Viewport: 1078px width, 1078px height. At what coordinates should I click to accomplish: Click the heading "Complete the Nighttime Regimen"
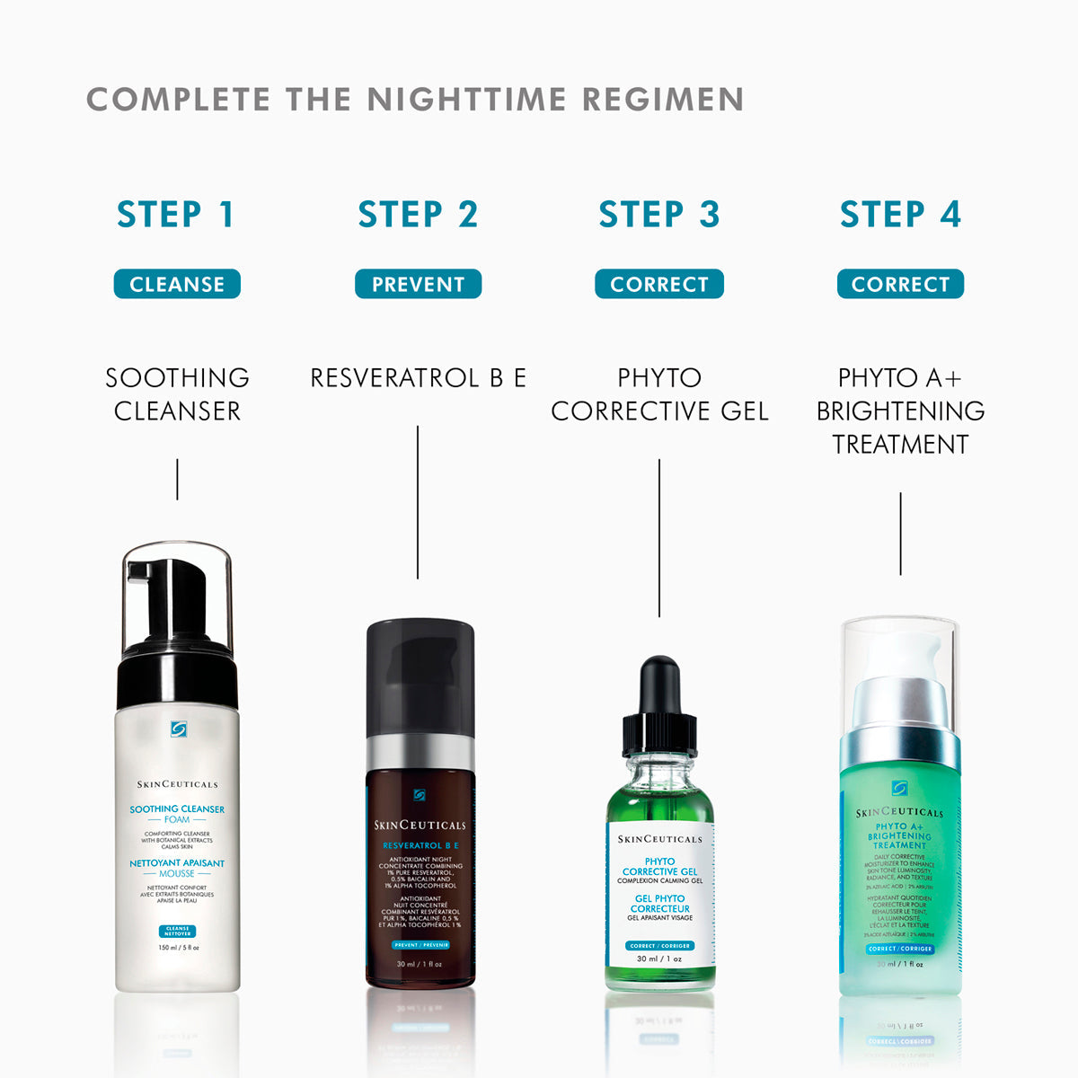click(415, 99)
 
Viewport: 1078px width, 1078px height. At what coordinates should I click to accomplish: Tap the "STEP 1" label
click(176, 215)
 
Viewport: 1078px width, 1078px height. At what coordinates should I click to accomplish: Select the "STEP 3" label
click(658, 215)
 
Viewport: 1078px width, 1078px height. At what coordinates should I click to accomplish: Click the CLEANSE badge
click(177, 284)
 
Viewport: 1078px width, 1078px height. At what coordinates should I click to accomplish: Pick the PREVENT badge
click(418, 284)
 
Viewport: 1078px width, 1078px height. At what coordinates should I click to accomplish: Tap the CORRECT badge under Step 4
click(900, 284)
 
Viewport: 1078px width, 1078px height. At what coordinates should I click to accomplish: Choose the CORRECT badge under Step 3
click(658, 284)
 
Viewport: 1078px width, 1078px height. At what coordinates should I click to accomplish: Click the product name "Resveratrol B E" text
click(418, 378)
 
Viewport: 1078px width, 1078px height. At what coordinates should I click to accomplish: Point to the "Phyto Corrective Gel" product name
click(658, 394)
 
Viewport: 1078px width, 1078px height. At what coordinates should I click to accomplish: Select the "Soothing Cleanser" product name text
click(177, 394)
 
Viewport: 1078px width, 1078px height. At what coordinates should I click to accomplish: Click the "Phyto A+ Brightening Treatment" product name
click(900, 411)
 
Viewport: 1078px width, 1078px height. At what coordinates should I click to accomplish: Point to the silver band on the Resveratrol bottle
click(420, 752)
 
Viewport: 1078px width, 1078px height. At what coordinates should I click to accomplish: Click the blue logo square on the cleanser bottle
click(177, 729)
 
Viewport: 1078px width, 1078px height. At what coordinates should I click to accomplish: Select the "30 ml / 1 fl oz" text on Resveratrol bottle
click(420, 964)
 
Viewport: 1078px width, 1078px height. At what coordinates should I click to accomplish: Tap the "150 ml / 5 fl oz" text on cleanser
click(177, 948)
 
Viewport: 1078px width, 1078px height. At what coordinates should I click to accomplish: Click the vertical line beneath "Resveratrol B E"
click(418, 503)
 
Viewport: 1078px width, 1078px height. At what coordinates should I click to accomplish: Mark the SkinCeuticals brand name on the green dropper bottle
click(659, 839)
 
